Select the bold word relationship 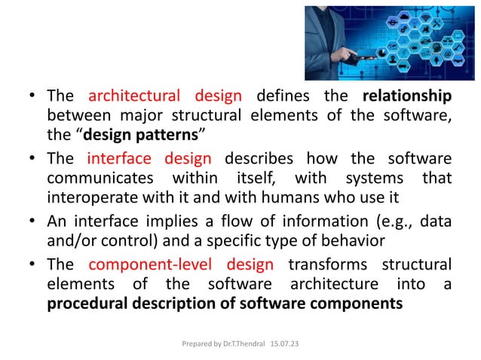(407, 96)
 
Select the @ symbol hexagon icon (448, 53)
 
